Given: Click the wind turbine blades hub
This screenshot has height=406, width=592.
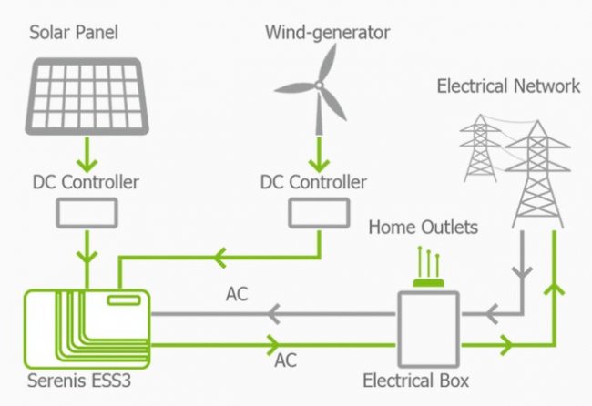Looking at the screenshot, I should (x=318, y=86).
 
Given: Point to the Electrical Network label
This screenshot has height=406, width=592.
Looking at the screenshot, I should (x=508, y=86).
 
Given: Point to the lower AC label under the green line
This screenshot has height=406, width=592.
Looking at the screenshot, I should (x=285, y=360).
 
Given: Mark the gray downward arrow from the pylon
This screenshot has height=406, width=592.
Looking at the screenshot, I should (x=522, y=273).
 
